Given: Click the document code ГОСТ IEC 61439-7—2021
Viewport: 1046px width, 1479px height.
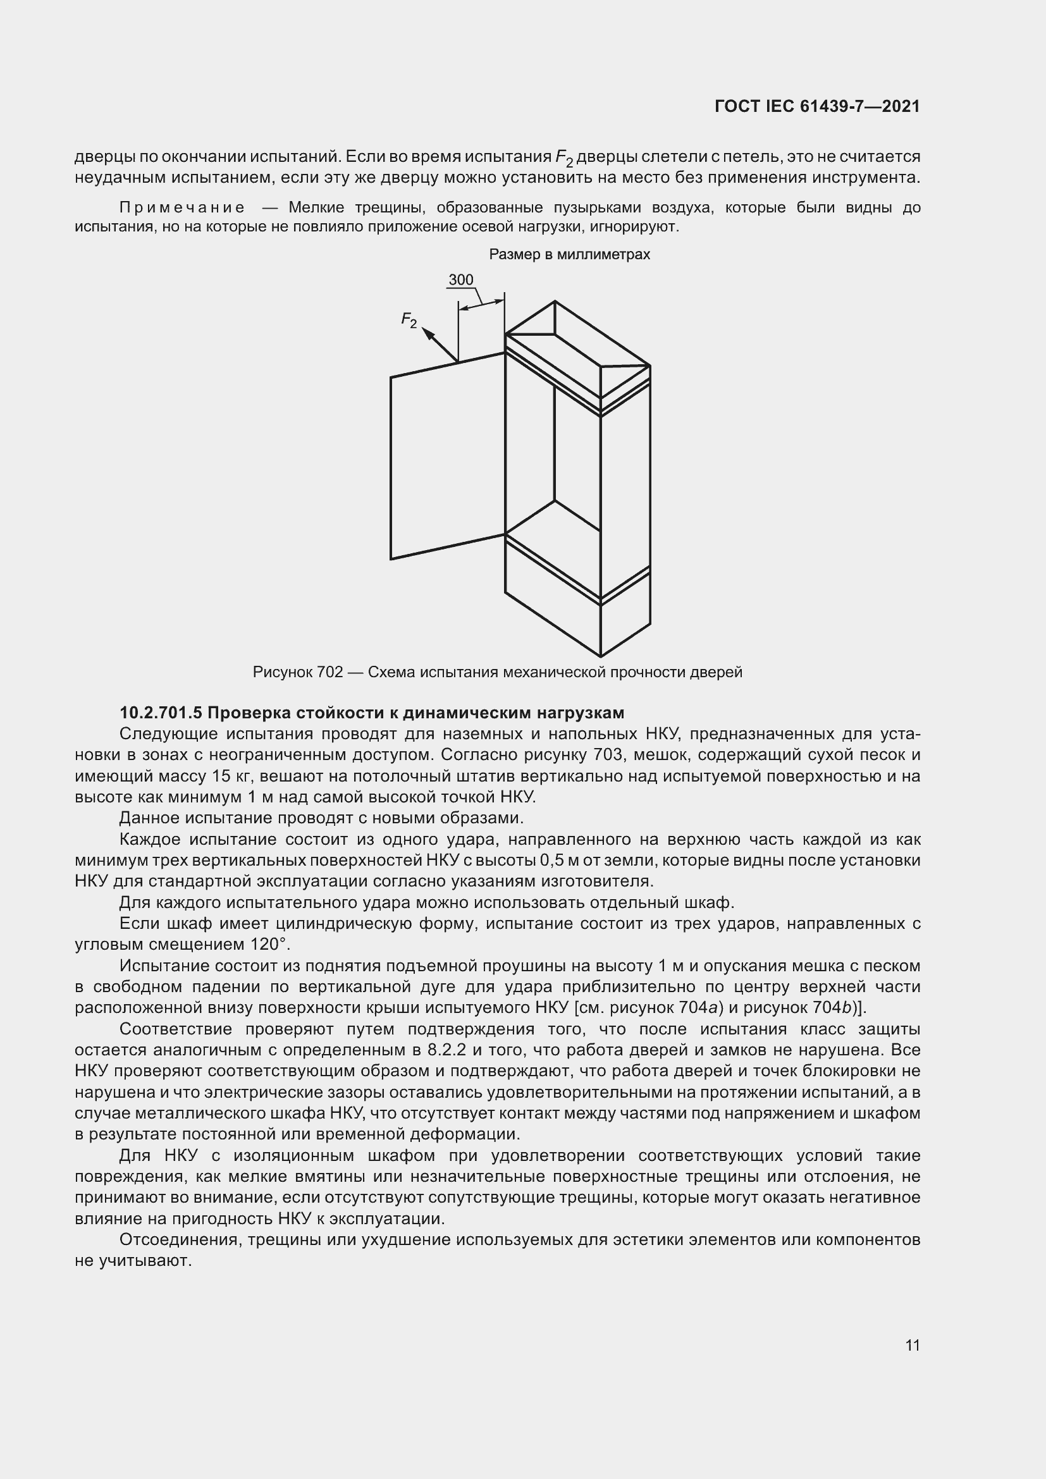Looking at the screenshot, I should [816, 106].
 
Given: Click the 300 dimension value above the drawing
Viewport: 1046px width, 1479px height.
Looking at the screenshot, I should [460, 279].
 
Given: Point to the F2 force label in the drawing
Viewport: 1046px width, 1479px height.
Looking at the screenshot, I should [409, 319].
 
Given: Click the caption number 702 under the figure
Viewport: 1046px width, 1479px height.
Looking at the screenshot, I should [329, 673].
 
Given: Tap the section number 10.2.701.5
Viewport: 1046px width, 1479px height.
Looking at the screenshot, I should [161, 713].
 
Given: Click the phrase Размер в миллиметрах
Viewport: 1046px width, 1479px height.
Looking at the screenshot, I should [569, 254].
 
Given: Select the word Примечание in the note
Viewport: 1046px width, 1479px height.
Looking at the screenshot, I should [182, 207].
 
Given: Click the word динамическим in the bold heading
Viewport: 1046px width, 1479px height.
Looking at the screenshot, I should [461, 713].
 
